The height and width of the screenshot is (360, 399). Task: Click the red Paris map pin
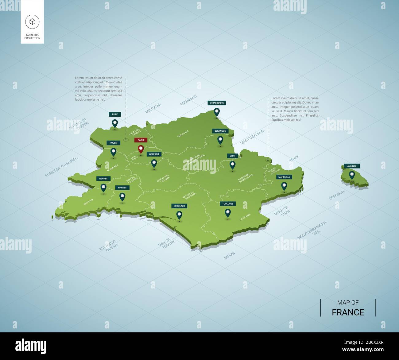click(141, 149)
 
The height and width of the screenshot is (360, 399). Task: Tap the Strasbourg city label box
click(217, 103)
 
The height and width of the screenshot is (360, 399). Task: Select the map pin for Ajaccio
click(352, 175)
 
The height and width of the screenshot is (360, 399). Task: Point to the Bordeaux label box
click(179, 206)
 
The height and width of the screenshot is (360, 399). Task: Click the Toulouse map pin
click(228, 213)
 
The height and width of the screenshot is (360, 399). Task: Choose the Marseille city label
click(284, 177)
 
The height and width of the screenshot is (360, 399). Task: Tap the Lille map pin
click(115, 123)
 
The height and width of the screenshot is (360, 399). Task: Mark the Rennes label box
click(103, 179)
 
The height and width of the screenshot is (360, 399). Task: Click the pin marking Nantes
click(122, 196)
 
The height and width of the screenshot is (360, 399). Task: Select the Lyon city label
click(233, 156)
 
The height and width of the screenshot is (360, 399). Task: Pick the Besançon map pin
click(220, 140)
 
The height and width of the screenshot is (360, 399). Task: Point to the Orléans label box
click(154, 154)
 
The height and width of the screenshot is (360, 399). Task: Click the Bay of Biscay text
click(166, 243)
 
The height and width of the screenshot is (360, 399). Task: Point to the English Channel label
click(61, 167)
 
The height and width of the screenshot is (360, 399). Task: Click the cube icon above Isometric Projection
click(32, 21)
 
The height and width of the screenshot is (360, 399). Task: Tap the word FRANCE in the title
click(348, 312)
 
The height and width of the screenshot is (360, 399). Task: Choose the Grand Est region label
click(183, 134)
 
